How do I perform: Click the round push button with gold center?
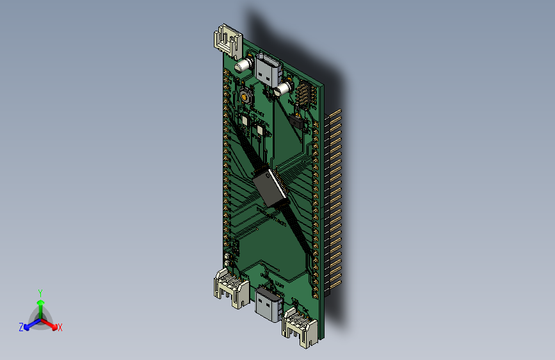(246, 97)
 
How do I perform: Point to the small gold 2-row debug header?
(305, 97)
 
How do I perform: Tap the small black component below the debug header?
(297, 121)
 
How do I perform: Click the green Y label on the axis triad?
(40, 291)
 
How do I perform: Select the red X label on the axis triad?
(60, 327)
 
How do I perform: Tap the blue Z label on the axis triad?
(21, 327)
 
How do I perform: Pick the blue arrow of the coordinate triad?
(29, 325)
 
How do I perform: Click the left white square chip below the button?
(244, 119)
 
